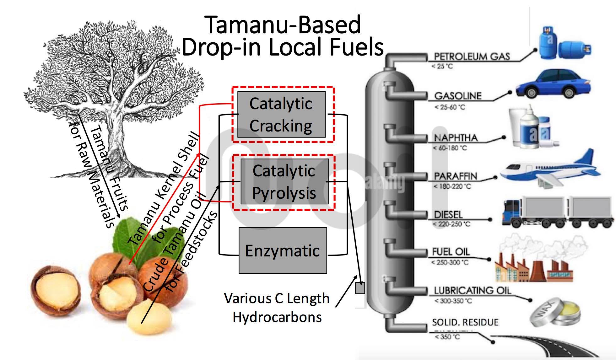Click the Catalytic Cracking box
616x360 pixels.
coord(281,115)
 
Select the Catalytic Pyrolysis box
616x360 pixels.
coord(284,182)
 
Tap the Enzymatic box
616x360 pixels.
coord(283,250)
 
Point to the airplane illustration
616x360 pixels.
coord(549,169)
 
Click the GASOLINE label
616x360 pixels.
coord(458,96)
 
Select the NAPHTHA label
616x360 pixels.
coord(456,138)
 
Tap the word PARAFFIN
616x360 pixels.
coord(455,176)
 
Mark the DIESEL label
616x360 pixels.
coord(448,215)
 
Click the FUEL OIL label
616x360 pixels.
coord(451,252)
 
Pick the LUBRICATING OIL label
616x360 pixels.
coord(472,291)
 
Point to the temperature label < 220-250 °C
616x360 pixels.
coord(451,224)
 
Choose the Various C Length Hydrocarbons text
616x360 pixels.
coord(277,308)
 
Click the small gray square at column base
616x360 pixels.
coord(360,288)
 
